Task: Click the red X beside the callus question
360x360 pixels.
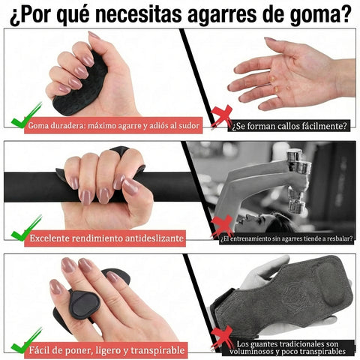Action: tap(221, 116)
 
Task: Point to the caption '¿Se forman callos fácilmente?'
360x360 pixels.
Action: tap(289, 125)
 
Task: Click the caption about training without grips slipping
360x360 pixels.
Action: tap(287, 238)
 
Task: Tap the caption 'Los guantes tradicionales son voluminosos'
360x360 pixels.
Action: tap(289, 348)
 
